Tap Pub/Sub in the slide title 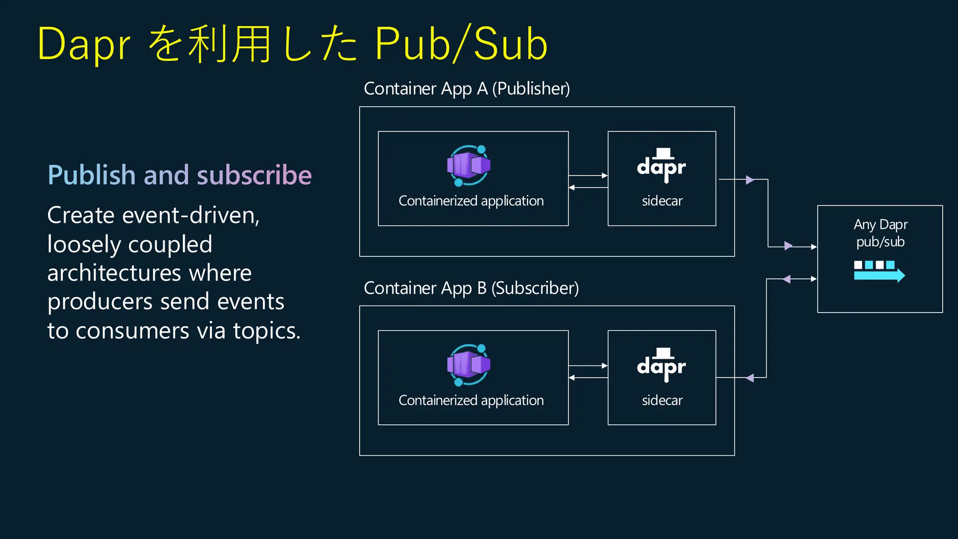click(x=461, y=44)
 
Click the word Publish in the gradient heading click(x=92, y=175)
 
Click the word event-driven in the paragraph click(x=190, y=215)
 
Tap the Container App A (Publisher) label click(x=466, y=88)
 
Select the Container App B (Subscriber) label click(x=471, y=288)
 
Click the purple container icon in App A click(x=469, y=165)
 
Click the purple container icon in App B click(x=469, y=364)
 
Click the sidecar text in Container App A click(x=662, y=201)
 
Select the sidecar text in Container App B click(x=662, y=401)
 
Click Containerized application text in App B click(x=471, y=401)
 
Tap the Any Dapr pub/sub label click(x=880, y=233)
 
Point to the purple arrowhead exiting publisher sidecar click(x=750, y=180)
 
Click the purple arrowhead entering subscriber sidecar click(x=750, y=378)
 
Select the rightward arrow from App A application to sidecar click(x=588, y=175)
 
